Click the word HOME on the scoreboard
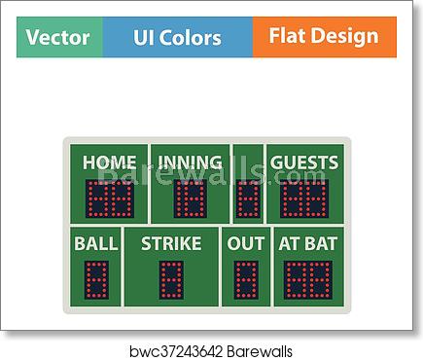pos(109,162)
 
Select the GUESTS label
pos(304,162)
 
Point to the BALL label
pos(96,243)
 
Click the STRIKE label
pos(170,243)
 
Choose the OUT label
pos(246,243)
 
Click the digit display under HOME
pos(109,198)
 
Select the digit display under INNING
pos(190,198)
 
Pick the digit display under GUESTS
pos(304,198)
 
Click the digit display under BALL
pos(96,280)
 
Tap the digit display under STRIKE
pos(171,280)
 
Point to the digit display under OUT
pos(246,280)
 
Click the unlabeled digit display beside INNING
pos(249,198)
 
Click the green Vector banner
pos(58,38)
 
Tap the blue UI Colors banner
pos(177,38)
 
